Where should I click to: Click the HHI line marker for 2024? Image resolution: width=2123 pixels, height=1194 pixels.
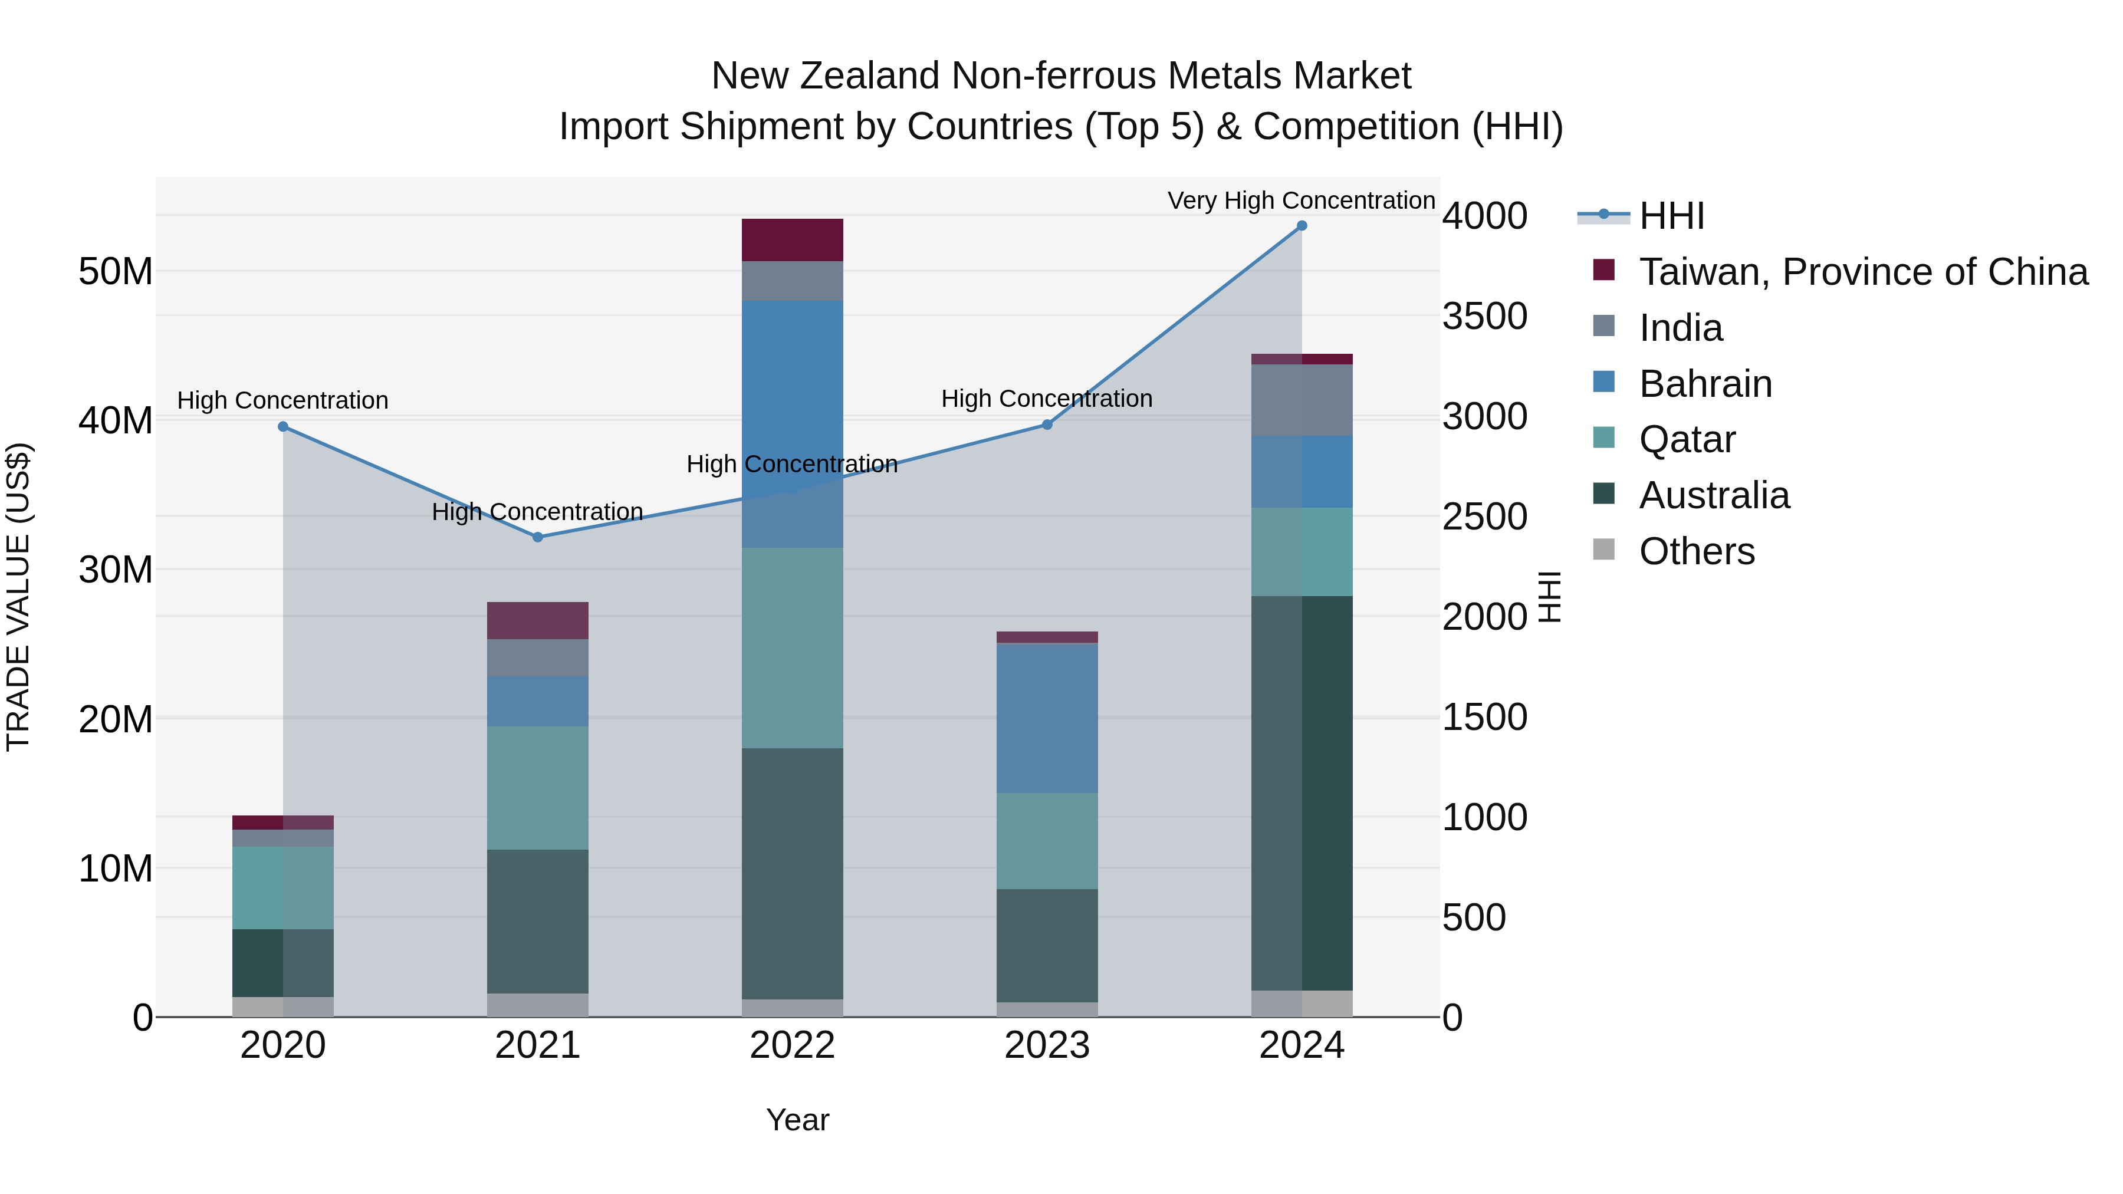(x=1302, y=226)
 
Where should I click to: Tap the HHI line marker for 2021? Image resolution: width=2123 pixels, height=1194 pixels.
(x=537, y=537)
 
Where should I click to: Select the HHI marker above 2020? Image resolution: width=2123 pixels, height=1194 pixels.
(x=282, y=427)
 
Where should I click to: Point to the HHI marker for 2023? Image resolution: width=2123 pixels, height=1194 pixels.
(x=1047, y=425)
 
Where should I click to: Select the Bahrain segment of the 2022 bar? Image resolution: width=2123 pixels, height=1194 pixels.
(x=792, y=396)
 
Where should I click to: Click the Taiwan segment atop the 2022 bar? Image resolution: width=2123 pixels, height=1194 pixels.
(x=792, y=240)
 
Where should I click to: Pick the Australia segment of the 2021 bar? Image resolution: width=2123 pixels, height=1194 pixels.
(x=537, y=921)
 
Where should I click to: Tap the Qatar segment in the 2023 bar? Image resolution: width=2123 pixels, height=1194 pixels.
(x=1047, y=840)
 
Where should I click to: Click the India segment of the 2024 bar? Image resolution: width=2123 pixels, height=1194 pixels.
(x=1302, y=400)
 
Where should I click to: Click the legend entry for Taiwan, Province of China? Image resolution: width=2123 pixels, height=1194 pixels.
(x=1862, y=272)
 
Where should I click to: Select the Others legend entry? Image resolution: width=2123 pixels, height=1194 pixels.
(x=1696, y=551)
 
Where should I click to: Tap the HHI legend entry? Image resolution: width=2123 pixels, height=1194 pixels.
(x=1671, y=216)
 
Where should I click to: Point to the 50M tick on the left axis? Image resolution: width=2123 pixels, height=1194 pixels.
(x=116, y=272)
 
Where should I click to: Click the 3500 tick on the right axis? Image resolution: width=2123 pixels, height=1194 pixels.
(x=1484, y=317)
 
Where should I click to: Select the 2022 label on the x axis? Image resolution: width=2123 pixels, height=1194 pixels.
(x=792, y=1045)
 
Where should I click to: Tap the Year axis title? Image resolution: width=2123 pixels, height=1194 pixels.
(x=797, y=1120)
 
